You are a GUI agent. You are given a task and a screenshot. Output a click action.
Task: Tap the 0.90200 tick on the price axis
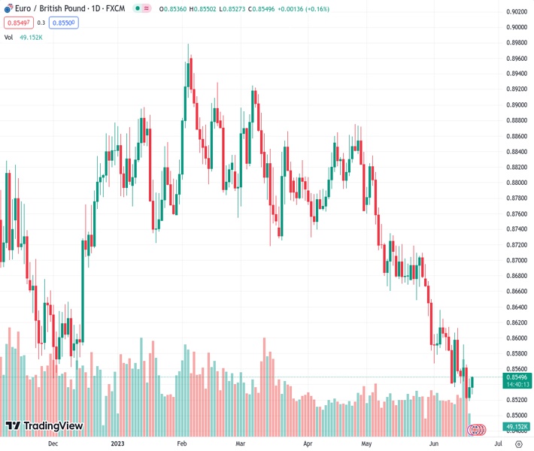(516, 12)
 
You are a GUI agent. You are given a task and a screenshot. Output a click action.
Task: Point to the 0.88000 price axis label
(516, 183)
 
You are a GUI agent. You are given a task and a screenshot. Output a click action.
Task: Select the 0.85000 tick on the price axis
(516, 415)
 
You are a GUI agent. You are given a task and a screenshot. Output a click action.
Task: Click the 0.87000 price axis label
(516, 260)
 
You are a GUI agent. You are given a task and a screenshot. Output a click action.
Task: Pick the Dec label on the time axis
(52, 444)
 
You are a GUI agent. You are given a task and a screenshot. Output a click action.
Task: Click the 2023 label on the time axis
(117, 444)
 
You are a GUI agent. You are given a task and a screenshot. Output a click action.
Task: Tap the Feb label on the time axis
(181, 444)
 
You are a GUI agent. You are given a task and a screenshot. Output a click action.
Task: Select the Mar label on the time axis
(241, 444)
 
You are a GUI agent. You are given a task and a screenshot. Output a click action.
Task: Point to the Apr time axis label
(308, 444)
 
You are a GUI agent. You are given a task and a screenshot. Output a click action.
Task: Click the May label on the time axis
(366, 444)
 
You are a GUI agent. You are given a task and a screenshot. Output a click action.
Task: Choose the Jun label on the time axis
(434, 444)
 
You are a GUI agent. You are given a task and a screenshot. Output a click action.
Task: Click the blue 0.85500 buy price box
(64, 23)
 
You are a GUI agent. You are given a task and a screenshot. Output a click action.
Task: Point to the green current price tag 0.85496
(517, 377)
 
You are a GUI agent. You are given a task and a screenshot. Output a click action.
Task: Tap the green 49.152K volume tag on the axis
(517, 427)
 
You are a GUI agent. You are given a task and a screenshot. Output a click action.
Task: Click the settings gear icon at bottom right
(518, 444)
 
